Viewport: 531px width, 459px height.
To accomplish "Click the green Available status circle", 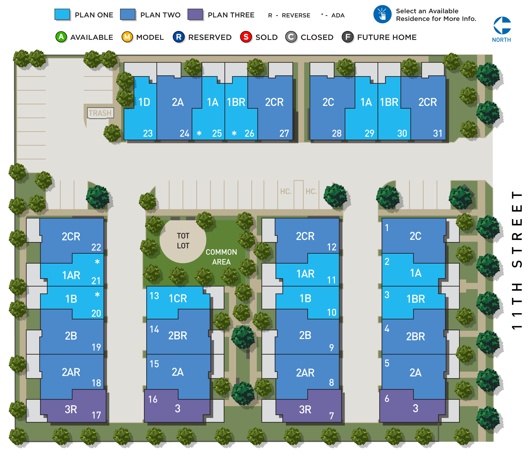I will [61, 37].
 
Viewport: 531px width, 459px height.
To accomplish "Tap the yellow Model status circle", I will [127, 37].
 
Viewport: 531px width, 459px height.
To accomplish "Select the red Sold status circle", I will [246, 37].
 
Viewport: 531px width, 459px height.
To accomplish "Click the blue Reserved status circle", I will [179, 37].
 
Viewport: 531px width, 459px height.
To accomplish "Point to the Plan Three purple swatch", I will [195, 15].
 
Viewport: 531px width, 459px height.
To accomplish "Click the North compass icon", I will [502, 26].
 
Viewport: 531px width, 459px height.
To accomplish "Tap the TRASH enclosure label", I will [100, 113].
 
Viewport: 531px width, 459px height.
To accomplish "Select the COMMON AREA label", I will [221, 257].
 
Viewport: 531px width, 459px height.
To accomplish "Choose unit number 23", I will [148, 133].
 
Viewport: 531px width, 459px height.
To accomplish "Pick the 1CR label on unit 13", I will [178, 298].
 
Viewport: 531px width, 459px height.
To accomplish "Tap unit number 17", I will [96, 415].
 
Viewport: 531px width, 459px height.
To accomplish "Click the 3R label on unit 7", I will [305, 409].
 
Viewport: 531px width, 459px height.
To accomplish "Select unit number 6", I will [387, 398].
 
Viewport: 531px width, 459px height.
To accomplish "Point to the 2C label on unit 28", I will [328, 102].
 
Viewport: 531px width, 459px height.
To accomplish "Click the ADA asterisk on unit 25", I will [199, 133].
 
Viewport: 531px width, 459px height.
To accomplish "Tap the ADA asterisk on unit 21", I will [97, 262].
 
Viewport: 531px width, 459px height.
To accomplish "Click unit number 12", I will [332, 247].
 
